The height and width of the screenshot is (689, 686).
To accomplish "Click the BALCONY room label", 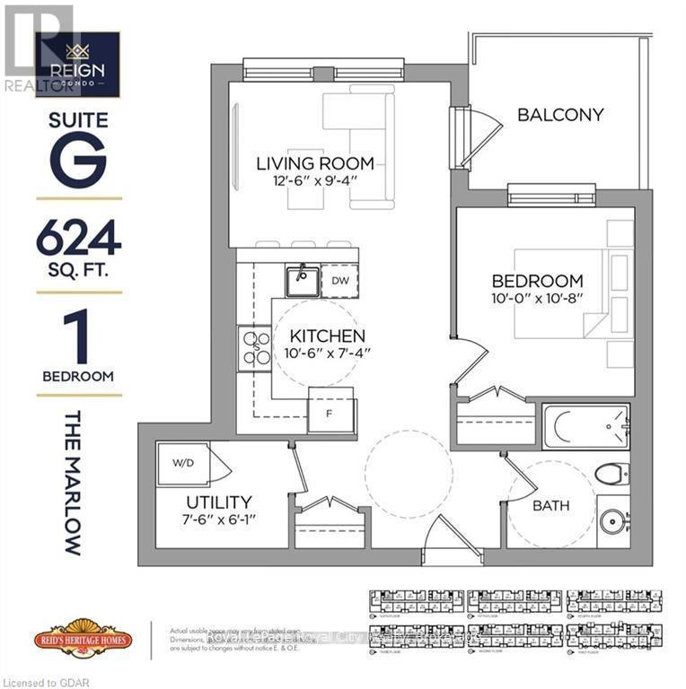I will point(560,115).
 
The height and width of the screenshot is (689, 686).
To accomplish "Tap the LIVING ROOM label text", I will point(314,163).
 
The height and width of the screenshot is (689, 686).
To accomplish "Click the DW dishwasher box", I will point(339,281).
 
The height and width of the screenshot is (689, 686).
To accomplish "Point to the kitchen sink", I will point(303,281).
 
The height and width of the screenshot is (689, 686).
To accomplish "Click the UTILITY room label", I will point(219,502).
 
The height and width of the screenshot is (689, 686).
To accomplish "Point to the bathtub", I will point(585,426).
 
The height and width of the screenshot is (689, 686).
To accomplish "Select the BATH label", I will point(550,506).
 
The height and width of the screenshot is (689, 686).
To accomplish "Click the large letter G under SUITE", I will point(79,158).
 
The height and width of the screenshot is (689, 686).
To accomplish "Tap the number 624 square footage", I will point(79,240).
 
